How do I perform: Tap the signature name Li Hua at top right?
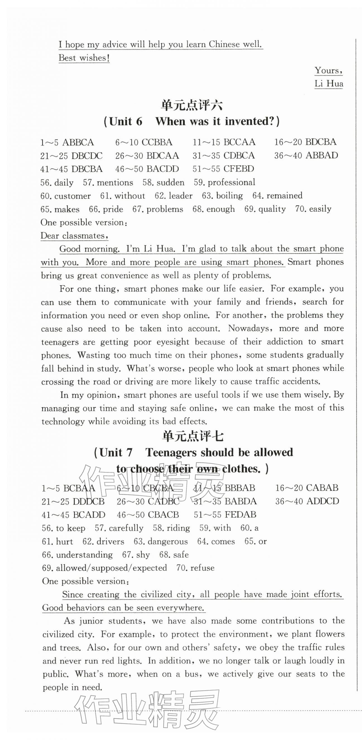pos(329,84)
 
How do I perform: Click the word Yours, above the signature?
pos(328,70)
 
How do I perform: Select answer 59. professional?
pos(224,182)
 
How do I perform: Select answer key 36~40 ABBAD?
pos(306,155)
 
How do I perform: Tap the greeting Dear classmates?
pos(74,236)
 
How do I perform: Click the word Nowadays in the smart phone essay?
pos(249,328)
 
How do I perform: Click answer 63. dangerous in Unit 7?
pos(160,541)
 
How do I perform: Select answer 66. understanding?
pos(77,555)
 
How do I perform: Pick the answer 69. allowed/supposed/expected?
pos(104,568)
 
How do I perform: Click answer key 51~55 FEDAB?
pos(225,514)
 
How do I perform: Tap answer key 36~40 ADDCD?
pos(307,501)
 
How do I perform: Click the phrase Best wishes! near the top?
pos(84,58)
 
